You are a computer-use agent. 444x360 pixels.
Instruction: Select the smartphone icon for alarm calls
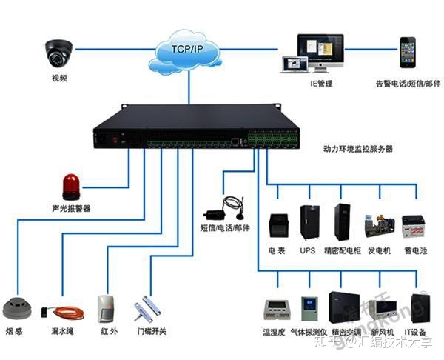pos(408,52)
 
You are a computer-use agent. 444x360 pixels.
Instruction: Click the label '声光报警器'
pos(71,208)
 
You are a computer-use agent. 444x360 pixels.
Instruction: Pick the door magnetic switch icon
pos(149,310)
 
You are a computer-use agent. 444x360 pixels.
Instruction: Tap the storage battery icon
pos(413,226)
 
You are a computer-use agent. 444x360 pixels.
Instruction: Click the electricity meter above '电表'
pos(277,224)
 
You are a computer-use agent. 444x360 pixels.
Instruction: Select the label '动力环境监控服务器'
pos(358,149)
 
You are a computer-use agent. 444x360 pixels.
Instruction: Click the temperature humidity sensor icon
pos(275,309)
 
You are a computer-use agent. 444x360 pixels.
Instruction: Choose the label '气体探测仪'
pos(309,333)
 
